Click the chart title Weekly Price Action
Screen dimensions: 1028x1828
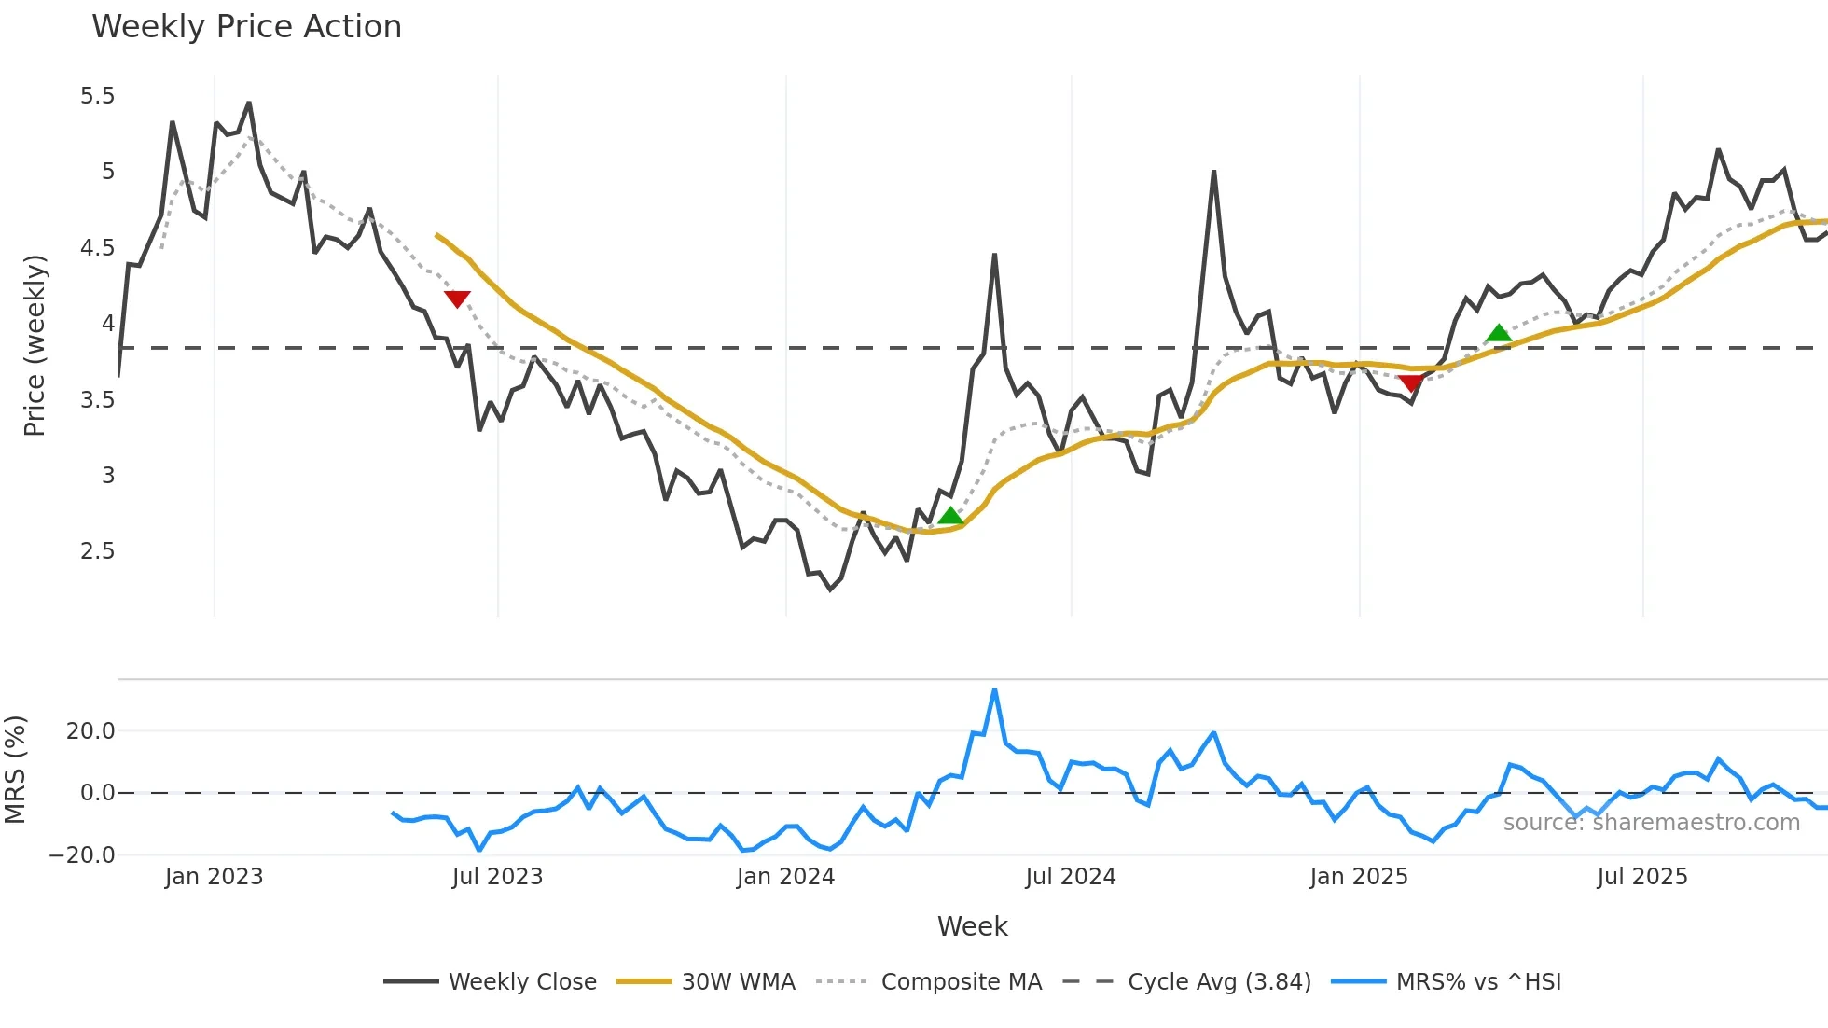246,27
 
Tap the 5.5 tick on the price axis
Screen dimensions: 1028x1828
97,96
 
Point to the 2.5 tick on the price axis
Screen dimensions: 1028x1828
97,551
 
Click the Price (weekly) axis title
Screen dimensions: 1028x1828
35,345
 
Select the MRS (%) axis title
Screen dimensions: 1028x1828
15,770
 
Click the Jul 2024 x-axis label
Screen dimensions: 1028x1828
1070,877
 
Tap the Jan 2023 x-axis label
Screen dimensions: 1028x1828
214,877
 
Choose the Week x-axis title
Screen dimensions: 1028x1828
972,926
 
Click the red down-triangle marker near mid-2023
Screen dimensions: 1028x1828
457,299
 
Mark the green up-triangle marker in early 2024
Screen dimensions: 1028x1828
950,516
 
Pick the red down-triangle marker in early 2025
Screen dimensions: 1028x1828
1411,382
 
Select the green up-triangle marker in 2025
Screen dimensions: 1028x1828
1498,333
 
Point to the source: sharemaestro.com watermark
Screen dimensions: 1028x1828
1651,823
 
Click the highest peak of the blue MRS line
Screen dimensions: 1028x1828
994,690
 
